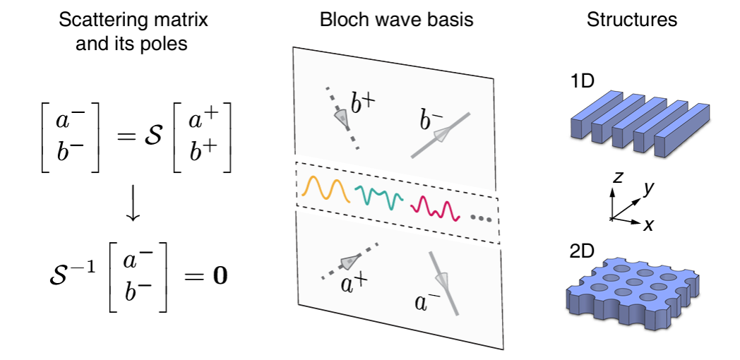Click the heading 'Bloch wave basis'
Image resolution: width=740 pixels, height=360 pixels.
[396, 20]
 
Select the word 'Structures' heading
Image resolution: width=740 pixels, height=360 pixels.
[631, 20]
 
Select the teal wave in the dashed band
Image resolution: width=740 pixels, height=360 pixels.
[379, 196]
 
